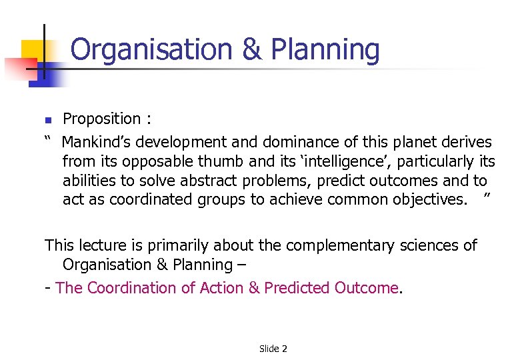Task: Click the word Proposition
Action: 101,119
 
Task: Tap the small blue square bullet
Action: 47,121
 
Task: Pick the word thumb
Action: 227,161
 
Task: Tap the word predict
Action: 341,181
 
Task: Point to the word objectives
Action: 427,200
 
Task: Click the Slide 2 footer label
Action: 273,349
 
